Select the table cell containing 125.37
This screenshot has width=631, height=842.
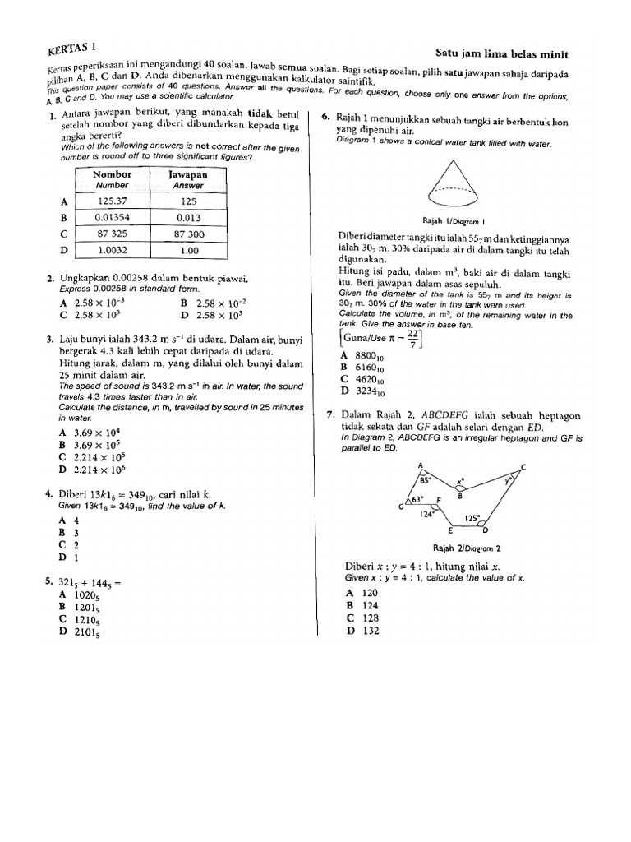[x=114, y=201]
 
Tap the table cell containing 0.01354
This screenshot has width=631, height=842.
[x=114, y=217]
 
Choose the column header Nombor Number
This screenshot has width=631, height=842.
[x=114, y=179]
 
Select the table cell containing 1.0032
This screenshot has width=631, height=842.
[x=114, y=250]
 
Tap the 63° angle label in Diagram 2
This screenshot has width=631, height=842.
[x=417, y=499]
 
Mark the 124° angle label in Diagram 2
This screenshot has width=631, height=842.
[x=426, y=515]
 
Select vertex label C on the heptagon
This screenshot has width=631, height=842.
[x=523, y=466]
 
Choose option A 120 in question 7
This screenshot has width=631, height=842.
[x=361, y=592]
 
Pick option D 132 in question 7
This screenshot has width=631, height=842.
[x=361, y=631]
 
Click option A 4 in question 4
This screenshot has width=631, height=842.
[x=69, y=520]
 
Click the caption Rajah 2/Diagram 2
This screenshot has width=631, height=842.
[x=466, y=548]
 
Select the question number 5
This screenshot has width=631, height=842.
[x=49, y=581]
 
